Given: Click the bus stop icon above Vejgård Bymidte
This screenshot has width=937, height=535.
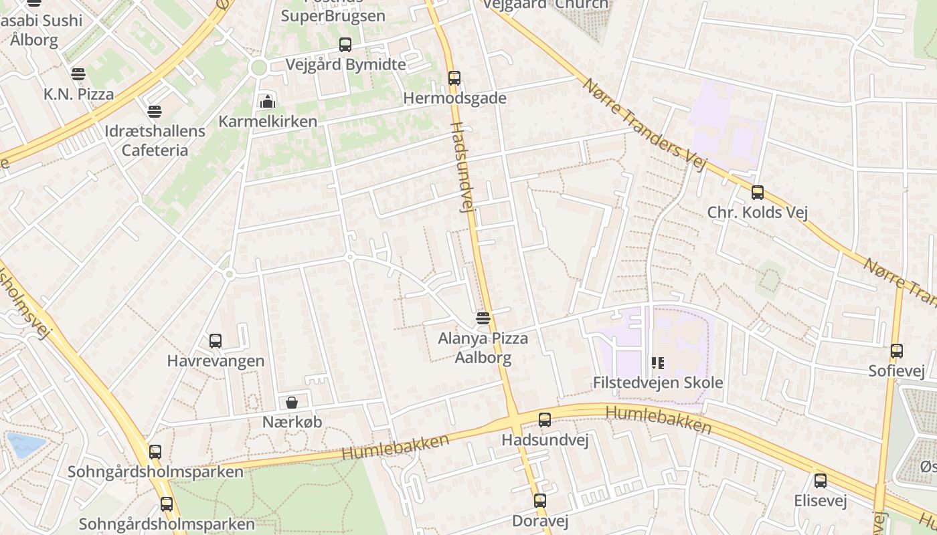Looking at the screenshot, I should coord(345,45).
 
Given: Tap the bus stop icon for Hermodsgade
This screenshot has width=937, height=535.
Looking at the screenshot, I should coord(454,78).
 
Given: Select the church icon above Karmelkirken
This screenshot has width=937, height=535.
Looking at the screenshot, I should coord(268,102).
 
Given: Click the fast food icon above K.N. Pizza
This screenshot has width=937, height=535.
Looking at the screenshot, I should coord(78,74).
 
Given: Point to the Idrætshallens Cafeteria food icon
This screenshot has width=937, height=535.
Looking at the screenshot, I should coord(155,111).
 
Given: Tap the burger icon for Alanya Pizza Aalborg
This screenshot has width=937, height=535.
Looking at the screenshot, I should coord(483,318).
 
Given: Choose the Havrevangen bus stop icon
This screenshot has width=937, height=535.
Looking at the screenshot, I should coord(216,341).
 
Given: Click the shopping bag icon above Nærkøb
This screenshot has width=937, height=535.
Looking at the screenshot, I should coord(292,402).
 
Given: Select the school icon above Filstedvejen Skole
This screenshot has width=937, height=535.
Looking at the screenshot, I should coord(658,363).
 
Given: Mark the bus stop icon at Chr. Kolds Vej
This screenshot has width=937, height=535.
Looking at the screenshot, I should coord(758,193).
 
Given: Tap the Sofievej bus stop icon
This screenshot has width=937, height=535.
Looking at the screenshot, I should coord(897,351).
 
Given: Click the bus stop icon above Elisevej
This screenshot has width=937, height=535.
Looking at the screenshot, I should coord(821,481).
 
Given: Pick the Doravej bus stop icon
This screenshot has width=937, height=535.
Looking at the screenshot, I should coord(540,501).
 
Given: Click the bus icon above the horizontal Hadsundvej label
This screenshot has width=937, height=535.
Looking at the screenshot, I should coord(545,420).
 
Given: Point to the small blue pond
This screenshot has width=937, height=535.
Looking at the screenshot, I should coord(25,444).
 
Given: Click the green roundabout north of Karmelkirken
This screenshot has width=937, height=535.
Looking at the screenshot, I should coord(258,67).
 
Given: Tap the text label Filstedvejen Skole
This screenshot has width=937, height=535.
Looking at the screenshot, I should coord(658,383).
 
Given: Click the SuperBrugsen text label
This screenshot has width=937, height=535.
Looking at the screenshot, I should coord(333,15).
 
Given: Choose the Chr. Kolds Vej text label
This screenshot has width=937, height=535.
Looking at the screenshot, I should coord(758,213).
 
